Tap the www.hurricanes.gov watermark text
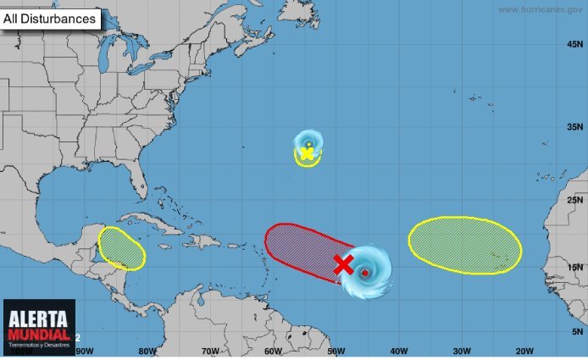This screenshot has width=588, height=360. (539, 9)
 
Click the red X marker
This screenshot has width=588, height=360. (343, 264)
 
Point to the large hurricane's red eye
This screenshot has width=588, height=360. (365, 273)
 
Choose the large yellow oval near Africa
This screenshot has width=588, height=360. (464, 245)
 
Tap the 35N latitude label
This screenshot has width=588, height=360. (575, 128)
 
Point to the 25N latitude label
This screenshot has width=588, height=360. (575, 200)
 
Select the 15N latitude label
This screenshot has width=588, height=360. (575, 268)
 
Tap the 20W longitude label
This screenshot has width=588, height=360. (524, 351)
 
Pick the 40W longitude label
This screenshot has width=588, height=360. (399, 351)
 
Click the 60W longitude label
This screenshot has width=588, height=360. (273, 351)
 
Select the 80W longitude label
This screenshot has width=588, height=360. (147, 351)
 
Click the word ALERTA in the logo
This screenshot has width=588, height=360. (38, 319)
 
